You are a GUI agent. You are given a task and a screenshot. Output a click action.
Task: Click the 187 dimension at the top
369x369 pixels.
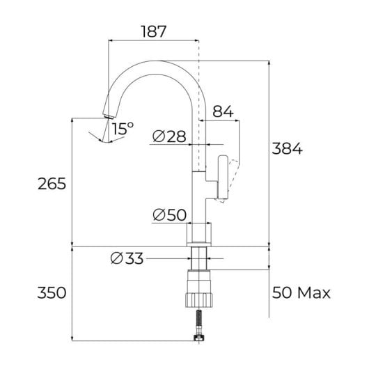click(152, 31)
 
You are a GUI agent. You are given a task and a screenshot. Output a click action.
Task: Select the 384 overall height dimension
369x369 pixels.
click(286, 149)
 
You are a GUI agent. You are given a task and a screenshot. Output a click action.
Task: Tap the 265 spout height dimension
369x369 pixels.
click(52, 184)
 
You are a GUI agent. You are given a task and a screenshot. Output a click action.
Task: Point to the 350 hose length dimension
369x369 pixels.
click(52, 292)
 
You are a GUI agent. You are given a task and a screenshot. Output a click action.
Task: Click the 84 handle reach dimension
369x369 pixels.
click(221, 111)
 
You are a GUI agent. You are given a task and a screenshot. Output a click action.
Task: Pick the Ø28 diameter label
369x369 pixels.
click(169, 136)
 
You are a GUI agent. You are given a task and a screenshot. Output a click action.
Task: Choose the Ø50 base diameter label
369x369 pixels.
click(169, 215)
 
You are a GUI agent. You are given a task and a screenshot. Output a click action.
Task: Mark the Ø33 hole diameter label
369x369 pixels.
click(126, 259)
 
